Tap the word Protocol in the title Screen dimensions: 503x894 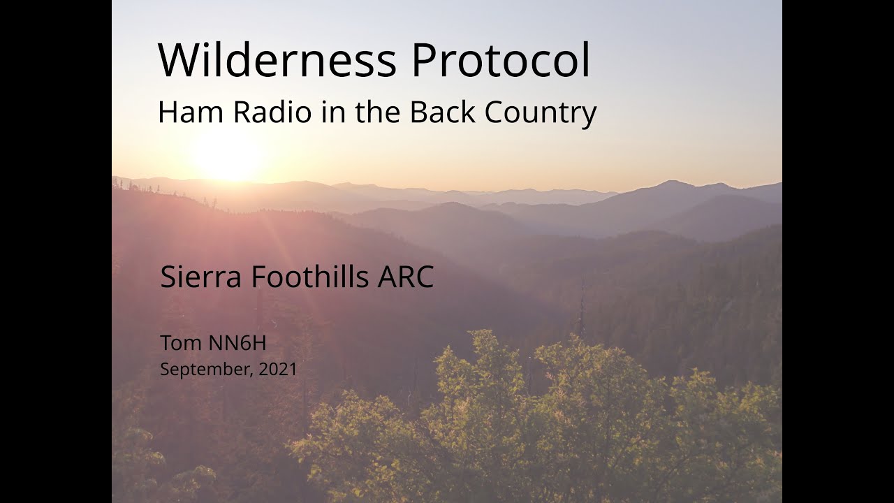tap(501, 60)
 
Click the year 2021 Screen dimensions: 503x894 tap(278, 370)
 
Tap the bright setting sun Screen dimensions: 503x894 tap(226, 156)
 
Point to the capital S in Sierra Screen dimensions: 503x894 tap(168, 277)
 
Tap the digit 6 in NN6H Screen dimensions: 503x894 tap(243, 343)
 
